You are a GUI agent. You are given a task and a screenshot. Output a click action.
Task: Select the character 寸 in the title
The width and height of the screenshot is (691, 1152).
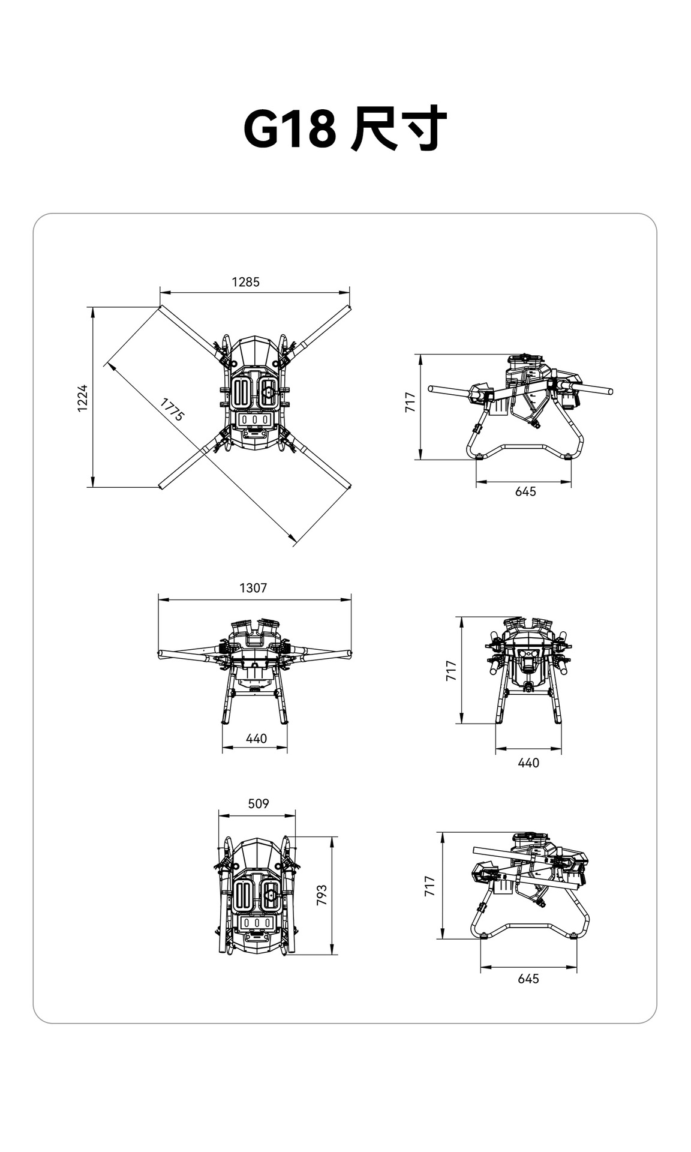tap(423, 129)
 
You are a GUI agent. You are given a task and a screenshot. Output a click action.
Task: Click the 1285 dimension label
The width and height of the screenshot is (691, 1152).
tap(246, 281)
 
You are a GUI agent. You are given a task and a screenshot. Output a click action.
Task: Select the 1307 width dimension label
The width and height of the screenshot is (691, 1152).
tap(253, 587)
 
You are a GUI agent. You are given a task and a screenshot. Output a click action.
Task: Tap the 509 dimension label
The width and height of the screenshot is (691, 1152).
tap(259, 803)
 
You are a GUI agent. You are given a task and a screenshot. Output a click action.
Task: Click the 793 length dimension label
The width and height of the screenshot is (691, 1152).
tap(322, 895)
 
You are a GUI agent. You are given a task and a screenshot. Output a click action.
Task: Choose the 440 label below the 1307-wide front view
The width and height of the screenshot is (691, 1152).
tap(256, 738)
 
